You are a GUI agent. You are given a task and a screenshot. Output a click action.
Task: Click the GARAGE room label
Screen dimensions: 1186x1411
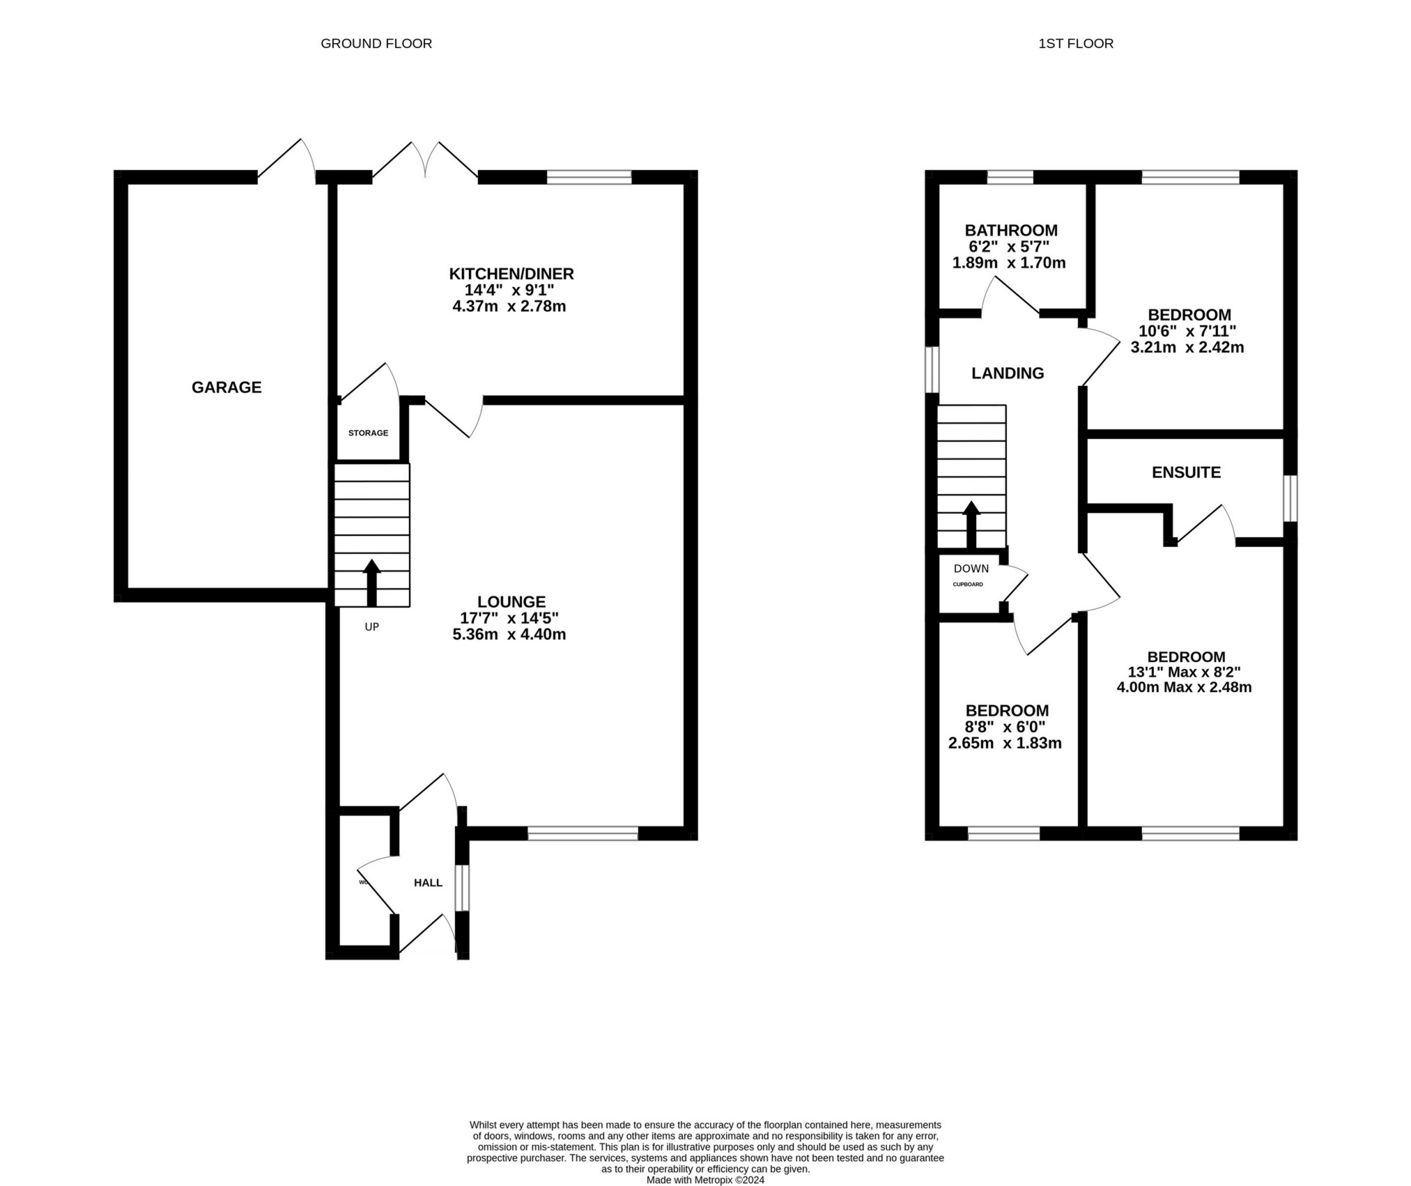click(x=226, y=387)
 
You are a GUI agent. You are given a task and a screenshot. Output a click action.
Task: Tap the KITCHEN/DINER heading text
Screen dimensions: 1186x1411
click(x=511, y=274)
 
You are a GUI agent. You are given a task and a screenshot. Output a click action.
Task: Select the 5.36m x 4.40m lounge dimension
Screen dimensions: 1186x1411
click(x=509, y=635)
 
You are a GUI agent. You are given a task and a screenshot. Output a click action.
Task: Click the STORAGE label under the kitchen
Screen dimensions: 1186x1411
click(x=368, y=433)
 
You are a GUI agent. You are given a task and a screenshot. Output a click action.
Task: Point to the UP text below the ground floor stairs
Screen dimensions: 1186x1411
click(x=371, y=627)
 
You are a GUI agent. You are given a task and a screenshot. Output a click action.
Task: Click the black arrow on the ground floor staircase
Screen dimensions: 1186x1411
click(x=371, y=583)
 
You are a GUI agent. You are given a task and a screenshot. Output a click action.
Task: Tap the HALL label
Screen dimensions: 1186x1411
click(x=428, y=883)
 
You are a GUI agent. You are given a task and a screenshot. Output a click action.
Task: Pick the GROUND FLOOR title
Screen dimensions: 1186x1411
click(x=376, y=43)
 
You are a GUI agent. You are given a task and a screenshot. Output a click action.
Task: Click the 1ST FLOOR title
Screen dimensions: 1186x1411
click(x=1075, y=43)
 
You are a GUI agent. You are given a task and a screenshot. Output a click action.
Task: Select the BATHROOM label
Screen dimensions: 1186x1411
click(x=1010, y=231)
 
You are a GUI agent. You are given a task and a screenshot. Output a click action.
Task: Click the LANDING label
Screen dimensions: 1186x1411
click(x=1008, y=373)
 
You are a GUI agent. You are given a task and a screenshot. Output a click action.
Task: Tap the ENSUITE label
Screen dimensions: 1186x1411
click(x=1186, y=472)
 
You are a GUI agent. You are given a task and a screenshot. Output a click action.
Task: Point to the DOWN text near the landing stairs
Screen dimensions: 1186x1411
click(x=971, y=569)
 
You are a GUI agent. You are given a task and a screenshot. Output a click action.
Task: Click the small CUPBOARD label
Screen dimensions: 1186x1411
click(x=968, y=584)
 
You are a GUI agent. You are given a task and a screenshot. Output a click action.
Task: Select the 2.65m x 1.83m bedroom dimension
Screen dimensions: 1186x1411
click(x=1005, y=744)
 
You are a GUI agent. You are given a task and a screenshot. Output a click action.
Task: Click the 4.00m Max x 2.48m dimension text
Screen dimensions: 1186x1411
click(x=1184, y=688)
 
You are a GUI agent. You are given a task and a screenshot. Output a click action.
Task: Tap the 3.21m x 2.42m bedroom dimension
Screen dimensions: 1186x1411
click(x=1187, y=348)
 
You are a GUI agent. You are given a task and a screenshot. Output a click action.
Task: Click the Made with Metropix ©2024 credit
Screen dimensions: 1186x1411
click(x=705, y=1180)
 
